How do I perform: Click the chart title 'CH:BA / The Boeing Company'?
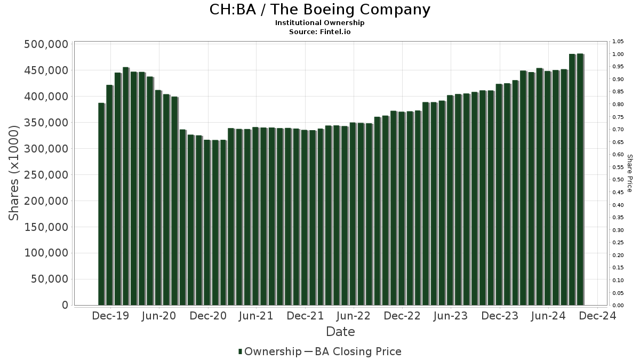pos(319,10)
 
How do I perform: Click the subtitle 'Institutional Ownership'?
pos(319,23)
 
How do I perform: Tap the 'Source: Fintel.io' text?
pos(319,32)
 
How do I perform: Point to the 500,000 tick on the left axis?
pos(46,44)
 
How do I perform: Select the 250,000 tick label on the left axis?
pos(46,175)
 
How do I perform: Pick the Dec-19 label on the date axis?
pos(110,316)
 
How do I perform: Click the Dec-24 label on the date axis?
pos(598,316)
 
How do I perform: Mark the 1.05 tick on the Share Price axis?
pos(618,42)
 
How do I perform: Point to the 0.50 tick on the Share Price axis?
pos(618,180)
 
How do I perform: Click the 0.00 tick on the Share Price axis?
pos(618,306)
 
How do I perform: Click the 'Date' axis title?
pos(340,332)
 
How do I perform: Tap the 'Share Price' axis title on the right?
pos(629,173)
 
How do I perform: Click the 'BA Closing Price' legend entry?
pos(357,351)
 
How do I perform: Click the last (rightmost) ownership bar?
pos(580,179)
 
